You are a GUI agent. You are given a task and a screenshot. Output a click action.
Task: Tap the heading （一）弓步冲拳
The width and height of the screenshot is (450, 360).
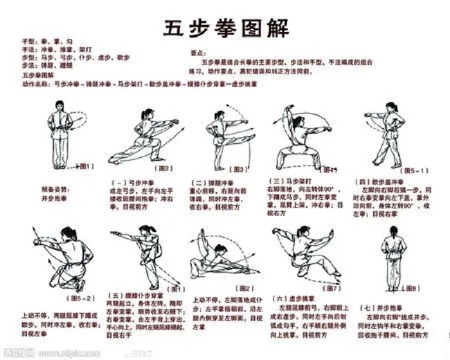tap(133, 183)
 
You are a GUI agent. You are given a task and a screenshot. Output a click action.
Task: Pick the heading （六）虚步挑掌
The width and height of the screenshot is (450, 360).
tap(294, 299)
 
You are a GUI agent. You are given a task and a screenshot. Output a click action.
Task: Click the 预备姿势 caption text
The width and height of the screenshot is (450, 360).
tap(55, 190)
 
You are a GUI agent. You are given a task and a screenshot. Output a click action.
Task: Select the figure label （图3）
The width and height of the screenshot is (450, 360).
tap(238, 169)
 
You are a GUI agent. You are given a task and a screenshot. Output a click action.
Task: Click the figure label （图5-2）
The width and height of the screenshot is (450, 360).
tap(81, 298)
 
